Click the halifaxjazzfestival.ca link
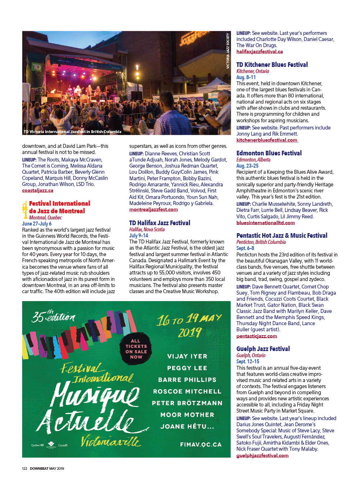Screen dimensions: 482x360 259,51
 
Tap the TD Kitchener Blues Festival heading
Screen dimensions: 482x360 272,65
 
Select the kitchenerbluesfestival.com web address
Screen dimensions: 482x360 267,140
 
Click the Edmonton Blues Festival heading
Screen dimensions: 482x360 269,153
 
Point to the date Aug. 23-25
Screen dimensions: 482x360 247,166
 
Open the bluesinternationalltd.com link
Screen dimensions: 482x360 265,223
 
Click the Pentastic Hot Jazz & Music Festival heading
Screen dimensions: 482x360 282,236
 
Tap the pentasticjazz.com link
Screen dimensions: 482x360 256,336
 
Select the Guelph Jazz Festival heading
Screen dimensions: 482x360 263,349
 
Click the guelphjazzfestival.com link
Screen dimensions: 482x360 262,455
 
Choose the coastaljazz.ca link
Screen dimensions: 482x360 37,190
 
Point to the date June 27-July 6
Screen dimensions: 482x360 37,223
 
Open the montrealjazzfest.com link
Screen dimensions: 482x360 153,209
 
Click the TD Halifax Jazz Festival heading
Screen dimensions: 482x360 160,223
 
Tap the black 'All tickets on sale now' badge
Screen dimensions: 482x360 136,349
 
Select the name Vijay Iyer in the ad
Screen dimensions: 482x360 187,356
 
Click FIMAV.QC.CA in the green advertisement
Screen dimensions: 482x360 201,445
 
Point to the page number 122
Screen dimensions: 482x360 24,468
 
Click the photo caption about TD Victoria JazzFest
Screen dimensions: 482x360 72,132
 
